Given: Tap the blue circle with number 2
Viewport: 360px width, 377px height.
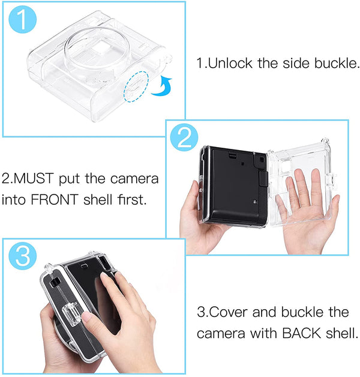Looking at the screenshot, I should click(184, 140).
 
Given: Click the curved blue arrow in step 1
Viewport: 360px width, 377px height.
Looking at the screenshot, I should click(161, 87).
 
